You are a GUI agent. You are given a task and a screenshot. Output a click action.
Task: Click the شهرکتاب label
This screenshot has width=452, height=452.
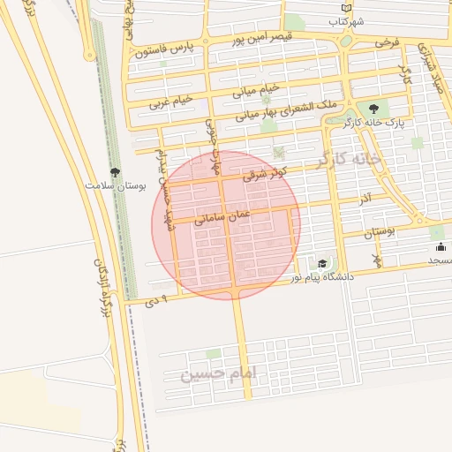click(x=346, y=21)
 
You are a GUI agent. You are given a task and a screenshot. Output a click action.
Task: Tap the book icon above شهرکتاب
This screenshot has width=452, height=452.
click(x=345, y=8)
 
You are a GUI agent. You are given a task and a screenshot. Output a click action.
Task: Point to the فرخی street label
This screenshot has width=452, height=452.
click(x=386, y=42)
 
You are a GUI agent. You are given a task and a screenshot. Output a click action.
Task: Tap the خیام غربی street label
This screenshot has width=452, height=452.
click(x=171, y=102)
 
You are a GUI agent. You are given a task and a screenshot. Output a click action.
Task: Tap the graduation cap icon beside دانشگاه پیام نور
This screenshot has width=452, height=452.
click(x=322, y=263)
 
